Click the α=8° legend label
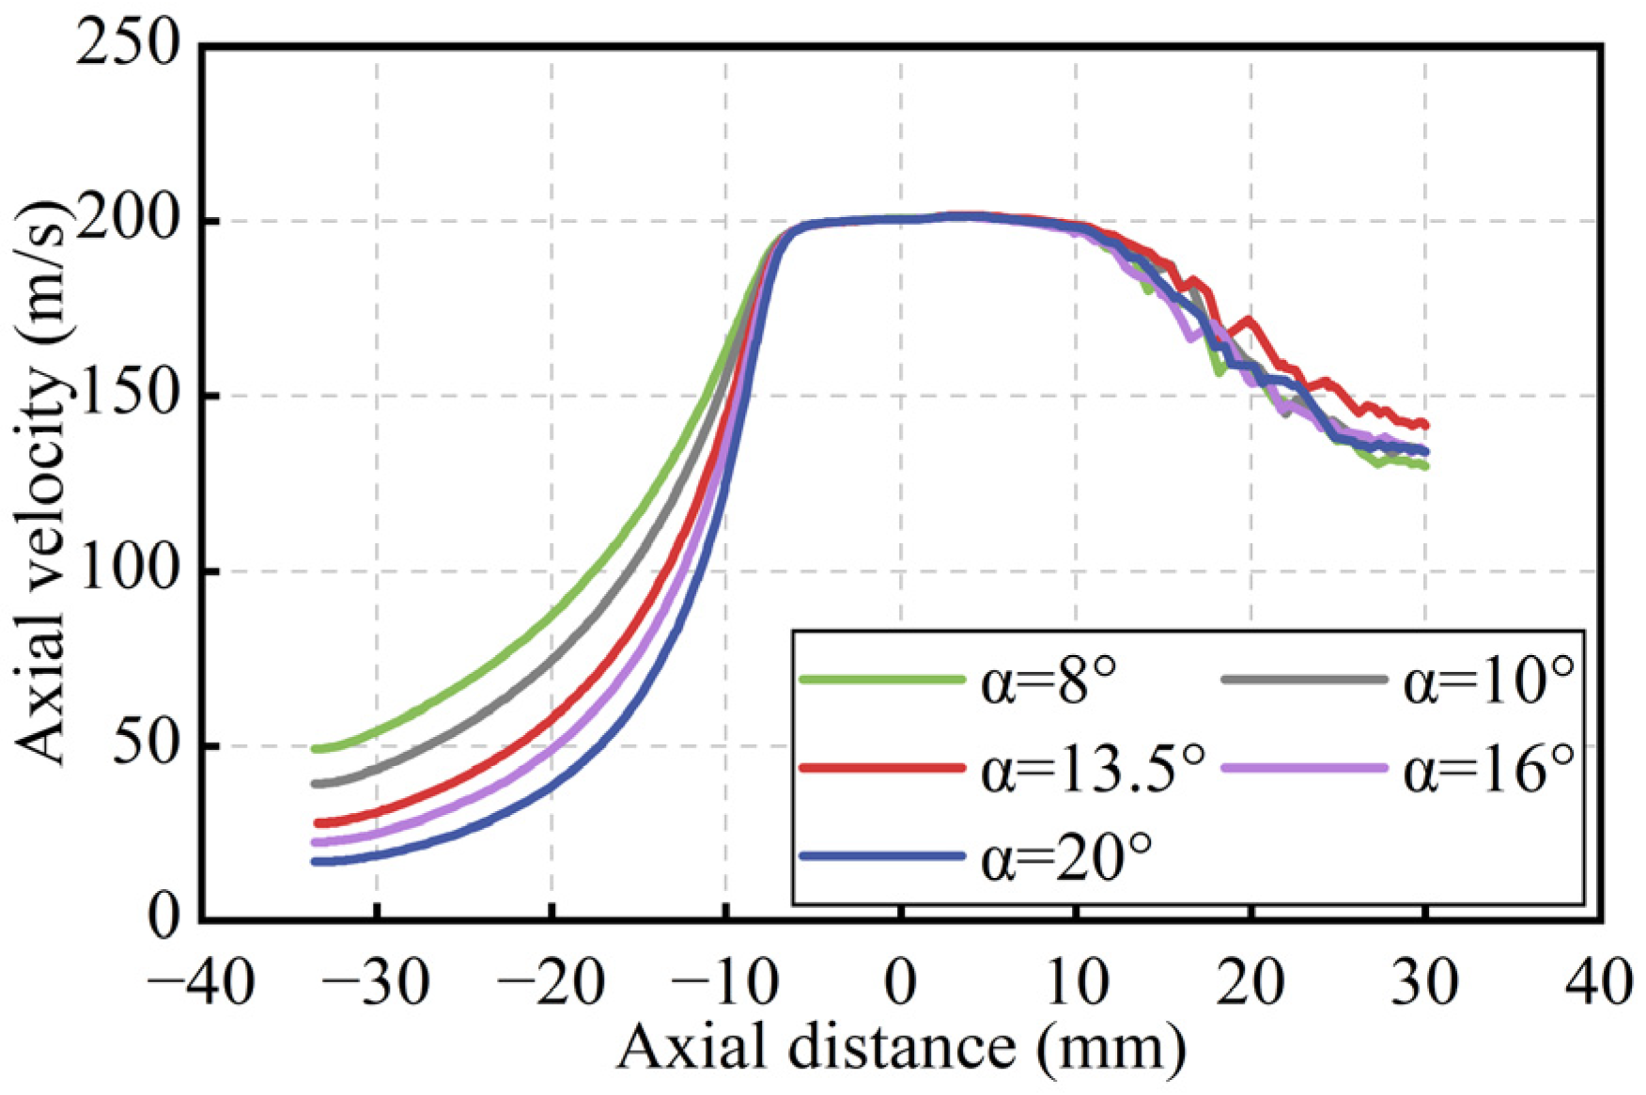(1048, 681)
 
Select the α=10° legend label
(1488, 681)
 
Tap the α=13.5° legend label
(1093, 770)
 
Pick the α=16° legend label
(1488, 770)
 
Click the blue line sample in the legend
(881, 856)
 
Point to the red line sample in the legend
(881, 768)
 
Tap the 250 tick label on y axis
(128, 44)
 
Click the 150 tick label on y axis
(128, 395)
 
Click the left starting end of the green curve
(317, 749)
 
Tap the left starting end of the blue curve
(317, 861)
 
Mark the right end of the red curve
(1425, 425)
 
